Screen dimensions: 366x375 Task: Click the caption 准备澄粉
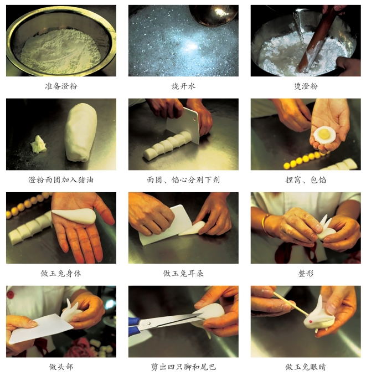pos(61,86)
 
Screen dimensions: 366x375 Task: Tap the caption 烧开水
pos(183,86)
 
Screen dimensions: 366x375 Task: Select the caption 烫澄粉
pos(306,86)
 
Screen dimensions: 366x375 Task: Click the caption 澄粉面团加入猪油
pos(61,179)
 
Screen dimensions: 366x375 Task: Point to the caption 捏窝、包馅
pos(306,179)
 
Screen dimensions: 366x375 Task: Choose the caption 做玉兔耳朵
pos(183,273)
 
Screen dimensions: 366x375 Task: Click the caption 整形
pos(306,273)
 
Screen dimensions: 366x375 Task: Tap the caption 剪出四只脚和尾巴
pos(183,367)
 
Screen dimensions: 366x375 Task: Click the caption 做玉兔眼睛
pos(306,367)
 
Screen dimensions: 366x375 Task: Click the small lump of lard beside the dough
pos(39,144)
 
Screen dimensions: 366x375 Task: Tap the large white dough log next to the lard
pos(81,132)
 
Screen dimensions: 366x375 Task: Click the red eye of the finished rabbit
pos(311,321)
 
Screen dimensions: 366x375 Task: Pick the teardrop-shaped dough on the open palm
pos(74,216)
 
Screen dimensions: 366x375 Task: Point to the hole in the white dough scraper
pos(194,119)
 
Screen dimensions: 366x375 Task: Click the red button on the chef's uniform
pos(11,295)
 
